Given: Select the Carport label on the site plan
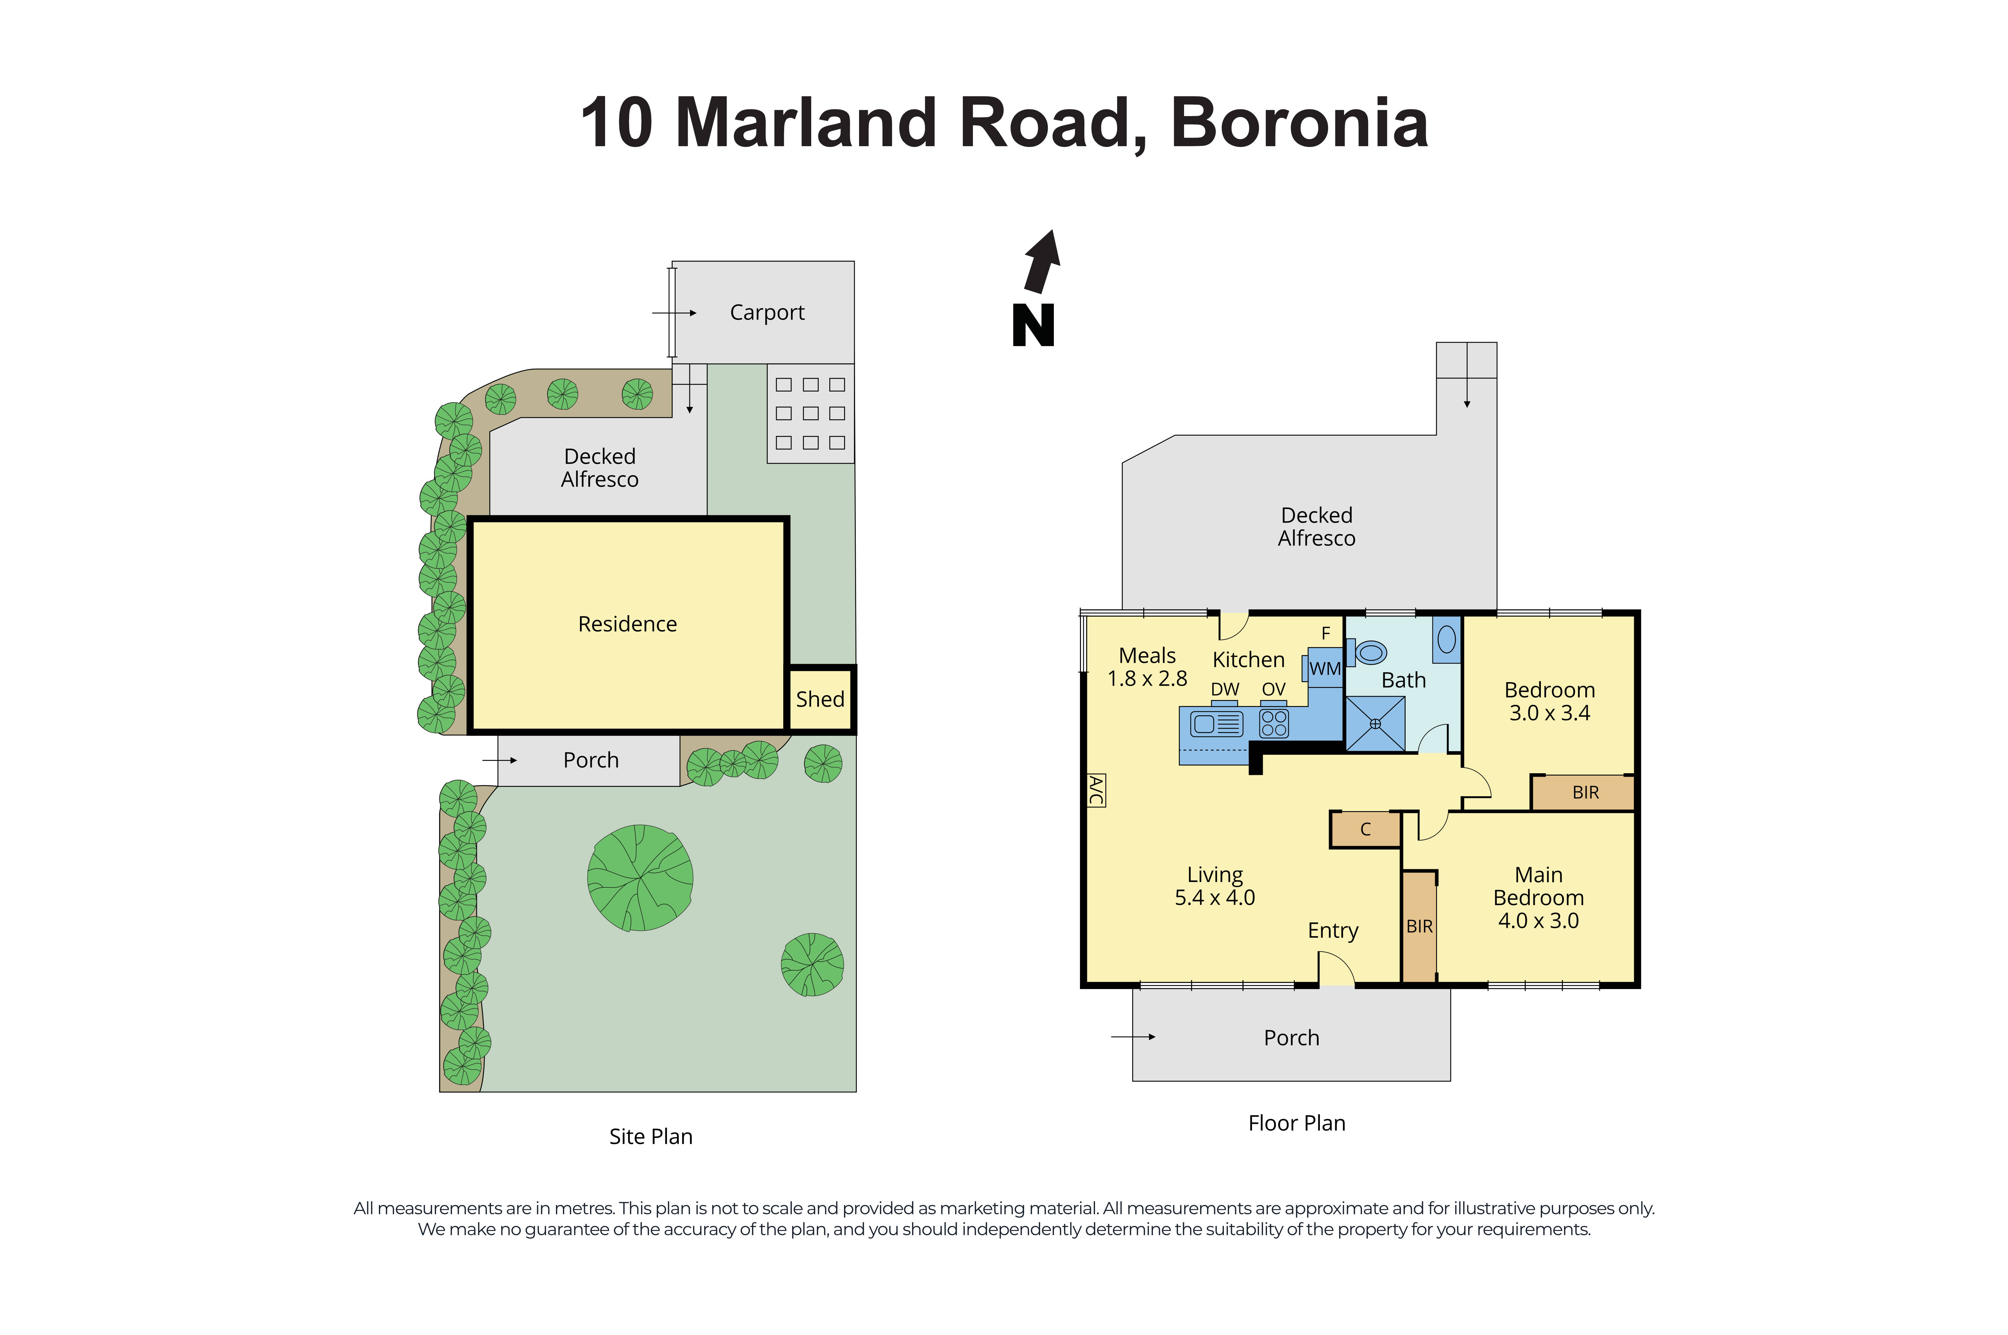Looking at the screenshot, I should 766,313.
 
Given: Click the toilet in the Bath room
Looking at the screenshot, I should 1368,653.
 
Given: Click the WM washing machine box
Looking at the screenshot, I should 1323,669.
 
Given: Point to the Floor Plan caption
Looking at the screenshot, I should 1296,1123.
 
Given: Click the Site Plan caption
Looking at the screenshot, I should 651,1137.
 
